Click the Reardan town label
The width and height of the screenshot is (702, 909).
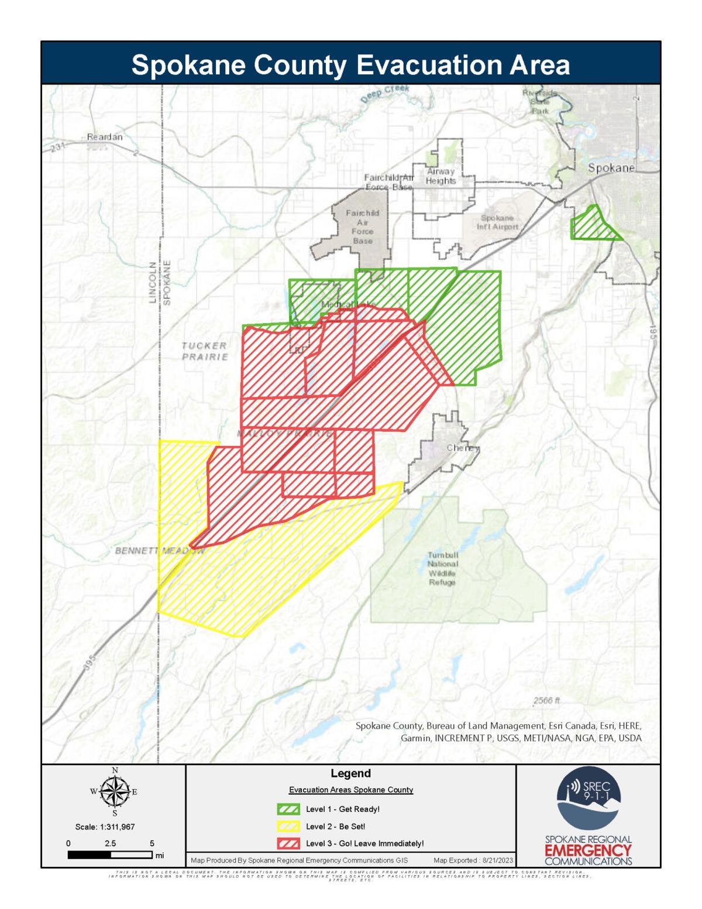click(105, 137)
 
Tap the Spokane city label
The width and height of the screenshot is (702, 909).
click(611, 168)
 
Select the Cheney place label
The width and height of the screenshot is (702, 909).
click(462, 448)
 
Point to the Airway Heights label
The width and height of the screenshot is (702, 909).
click(441, 176)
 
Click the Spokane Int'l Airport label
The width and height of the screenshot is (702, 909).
click(497, 222)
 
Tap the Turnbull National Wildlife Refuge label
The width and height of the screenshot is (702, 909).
click(442, 568)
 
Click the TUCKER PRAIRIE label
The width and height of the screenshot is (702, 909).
click(204, 351)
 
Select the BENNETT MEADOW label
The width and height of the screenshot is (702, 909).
click(159, 551)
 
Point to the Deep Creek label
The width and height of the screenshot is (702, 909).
click(384, 93)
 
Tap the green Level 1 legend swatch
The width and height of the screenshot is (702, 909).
click(288, 809)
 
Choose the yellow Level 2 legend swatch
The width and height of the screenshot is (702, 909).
click(288, 826)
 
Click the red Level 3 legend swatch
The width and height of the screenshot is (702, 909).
click(288, 843)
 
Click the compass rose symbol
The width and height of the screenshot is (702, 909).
click(115, 792)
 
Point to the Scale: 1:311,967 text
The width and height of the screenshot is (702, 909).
click(105, 827)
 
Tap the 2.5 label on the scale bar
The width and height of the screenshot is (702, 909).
click(110, 843)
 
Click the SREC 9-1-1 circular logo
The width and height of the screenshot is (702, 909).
click(589, 798)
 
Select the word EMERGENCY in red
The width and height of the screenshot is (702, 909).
click(588, 850)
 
